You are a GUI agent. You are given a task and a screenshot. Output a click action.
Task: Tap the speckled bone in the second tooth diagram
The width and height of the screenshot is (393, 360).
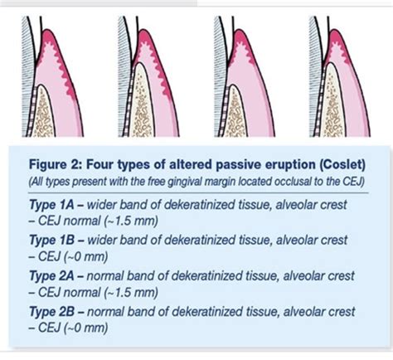[148, 112]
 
